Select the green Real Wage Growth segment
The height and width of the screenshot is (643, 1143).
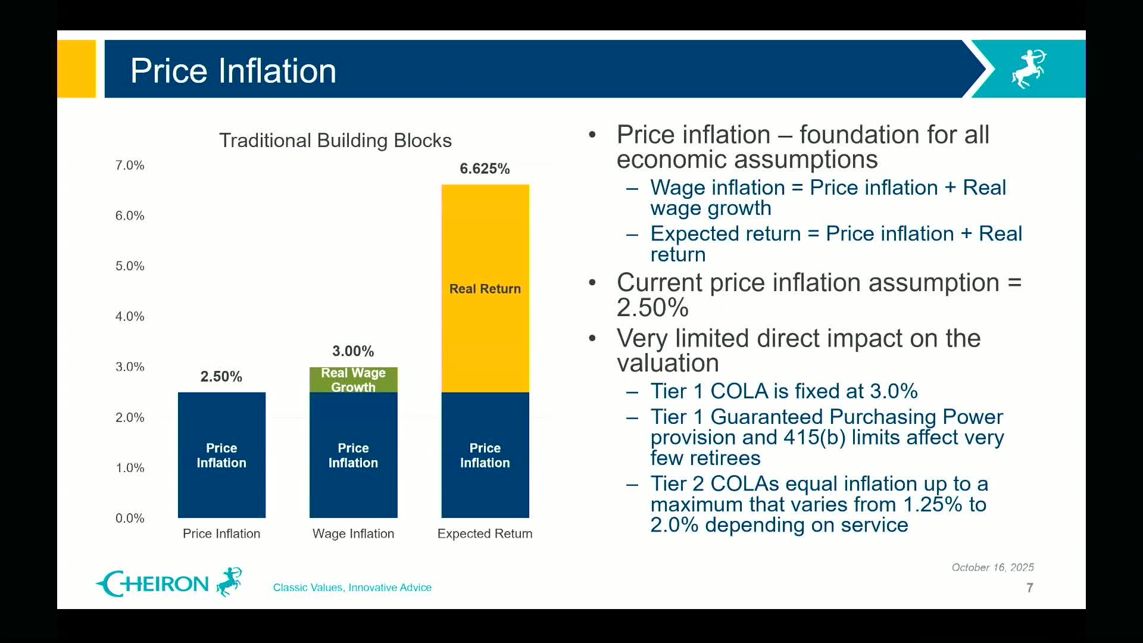pyautogui.click(x=353, y=380)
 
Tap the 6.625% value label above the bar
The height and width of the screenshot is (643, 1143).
pyautogui.click(x=485, y=168)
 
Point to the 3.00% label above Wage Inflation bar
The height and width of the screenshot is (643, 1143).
pyautogui.click(x=353, y=351)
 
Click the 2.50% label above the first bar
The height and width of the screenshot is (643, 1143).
pyautogui.click(x=221, y=376)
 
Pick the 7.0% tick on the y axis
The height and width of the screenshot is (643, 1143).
pyautogui.click(x=130, y=165)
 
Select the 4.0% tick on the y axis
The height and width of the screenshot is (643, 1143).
pyautogui.click(x=130, y=316)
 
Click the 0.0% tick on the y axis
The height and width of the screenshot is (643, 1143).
pyautogui.click(x=130, y=518)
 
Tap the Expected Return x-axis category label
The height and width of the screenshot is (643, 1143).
pyautogui.click(x=485, y=533)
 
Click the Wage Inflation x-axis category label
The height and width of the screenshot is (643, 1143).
pyautogui.click(x=353, y=533)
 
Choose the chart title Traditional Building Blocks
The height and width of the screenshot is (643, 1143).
pyautogui.click(x=335, y=141)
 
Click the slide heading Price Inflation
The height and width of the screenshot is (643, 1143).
pyautogui.click(x=233, y=70)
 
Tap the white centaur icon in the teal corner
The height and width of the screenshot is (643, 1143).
pyautogui.click(x=1029, y=69)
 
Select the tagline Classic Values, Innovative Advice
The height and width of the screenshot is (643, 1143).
pyautogui.click(x=352, y=588)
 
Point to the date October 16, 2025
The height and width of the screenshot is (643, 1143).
pyautogui.click(x=992, y=567)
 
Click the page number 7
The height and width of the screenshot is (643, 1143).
pyautogui.click(x=1029, y=588)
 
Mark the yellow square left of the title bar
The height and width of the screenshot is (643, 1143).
pyautogui.click(x=76, y=68)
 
